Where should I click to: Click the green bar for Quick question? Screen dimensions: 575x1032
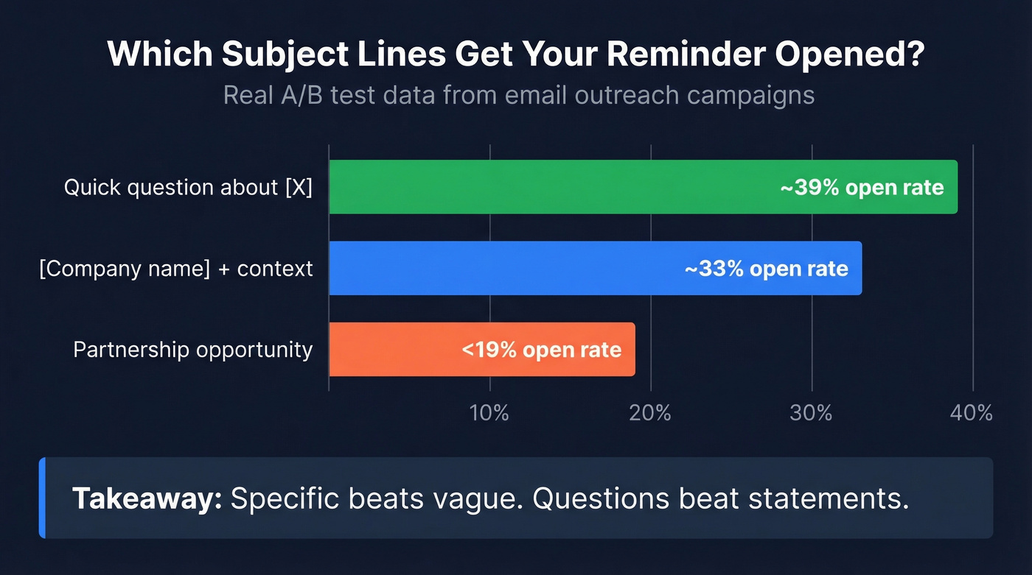(x=553, y=187)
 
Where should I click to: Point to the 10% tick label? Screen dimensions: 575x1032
(x=489, y=413)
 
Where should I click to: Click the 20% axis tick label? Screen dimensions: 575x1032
(x=650, y=413)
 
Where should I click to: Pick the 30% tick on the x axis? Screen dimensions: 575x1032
(x=811, y=413)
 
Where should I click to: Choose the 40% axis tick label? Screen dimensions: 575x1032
(x=972, y=413)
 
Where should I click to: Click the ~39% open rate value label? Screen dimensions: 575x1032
(x=862, y=188)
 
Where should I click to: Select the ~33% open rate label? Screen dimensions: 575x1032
(x=767, y=269)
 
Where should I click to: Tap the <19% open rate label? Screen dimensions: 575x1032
(x=542, y=350)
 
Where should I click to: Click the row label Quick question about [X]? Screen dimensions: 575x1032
(x=188, y=188)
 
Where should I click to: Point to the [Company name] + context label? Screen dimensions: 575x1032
(x=176, y=269)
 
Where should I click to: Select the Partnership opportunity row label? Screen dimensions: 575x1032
(x=193, y=350)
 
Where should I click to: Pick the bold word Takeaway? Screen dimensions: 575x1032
(x=147, y=498)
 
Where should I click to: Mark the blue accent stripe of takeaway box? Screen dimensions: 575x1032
(x=42, y=498)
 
